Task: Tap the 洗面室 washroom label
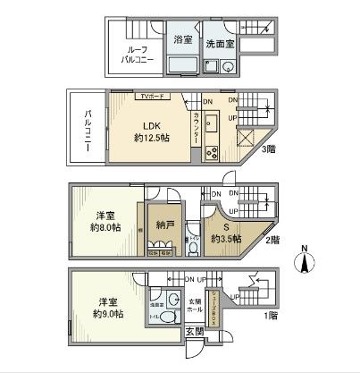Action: (220, 42)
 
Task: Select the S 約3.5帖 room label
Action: (223, 233)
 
